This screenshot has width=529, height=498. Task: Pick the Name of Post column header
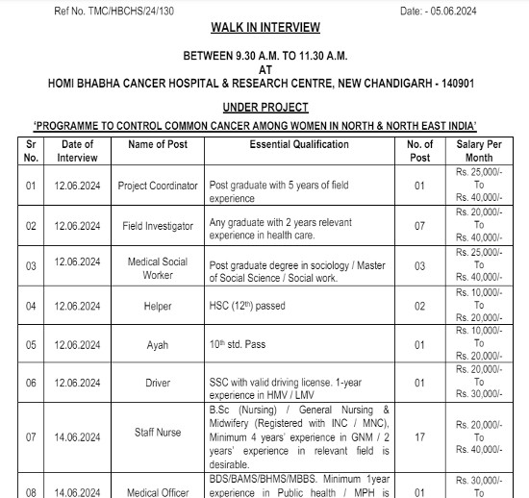point(158,144)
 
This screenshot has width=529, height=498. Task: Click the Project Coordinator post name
point(158,186)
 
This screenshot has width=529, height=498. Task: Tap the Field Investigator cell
point(158,226)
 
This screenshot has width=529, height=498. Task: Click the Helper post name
point(158,307)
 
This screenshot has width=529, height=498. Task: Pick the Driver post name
point(158,383)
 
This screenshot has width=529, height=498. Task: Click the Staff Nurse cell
point(158,437)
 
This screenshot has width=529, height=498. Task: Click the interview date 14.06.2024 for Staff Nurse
point(77,437)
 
